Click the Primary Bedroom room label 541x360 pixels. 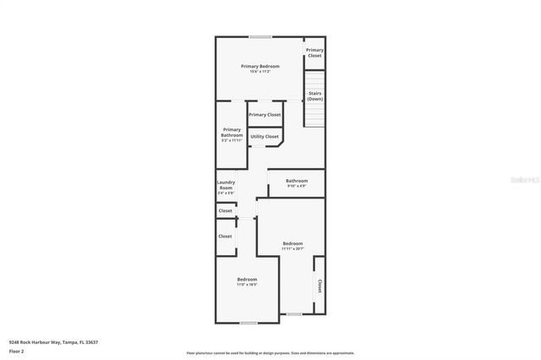pyautogui.click(x=260, y=66)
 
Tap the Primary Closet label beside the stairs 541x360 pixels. pyautogui.click(x=314, y=52)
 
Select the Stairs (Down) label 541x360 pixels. pyautogui.click(x=314, y=95)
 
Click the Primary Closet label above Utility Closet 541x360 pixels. pyautogui.click(x=265, y=114)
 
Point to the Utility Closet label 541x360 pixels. pyautogui.click(x=265, y=136)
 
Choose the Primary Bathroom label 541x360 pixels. pyautogui.click(x=232, y=133)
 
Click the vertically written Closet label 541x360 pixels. pyautogui.click(x=319, y=286)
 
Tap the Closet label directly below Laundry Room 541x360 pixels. pyautogui.click(x=225, y=210)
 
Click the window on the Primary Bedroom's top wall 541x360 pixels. pyautogui.click(x=260, y=36)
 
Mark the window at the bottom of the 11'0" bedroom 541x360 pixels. pyautogui.click(x=248, y=322)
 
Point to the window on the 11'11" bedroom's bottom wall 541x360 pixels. pyautogui.click(x=293, y=314)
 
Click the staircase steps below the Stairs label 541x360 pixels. pyautogui.click(x=314, y=114)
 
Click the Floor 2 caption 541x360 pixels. pyautogui.click(x=16, y=351)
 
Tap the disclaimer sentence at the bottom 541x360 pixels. pyautogui.click(x=270, y=352)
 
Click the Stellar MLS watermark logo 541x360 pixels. pyautogui.click(x=524, y=179)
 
